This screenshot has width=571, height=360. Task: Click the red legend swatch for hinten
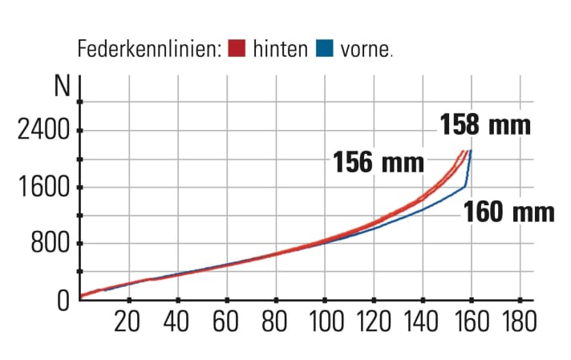click(x=237, y=48)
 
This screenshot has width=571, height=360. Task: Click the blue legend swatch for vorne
click(x=325, y=48)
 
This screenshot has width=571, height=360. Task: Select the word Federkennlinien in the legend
click(x=148, y=48)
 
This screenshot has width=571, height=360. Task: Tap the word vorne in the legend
click(x=366, y=48)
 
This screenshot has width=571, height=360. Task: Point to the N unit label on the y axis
click(x=61, y=87)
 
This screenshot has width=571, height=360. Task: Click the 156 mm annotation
click(x=379, y=163)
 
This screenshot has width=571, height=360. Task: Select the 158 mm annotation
click(x=485, y=125)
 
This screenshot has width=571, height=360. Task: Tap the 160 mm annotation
click(x=509, y=212)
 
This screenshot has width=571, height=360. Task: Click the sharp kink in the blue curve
click(x=465, y=187)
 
